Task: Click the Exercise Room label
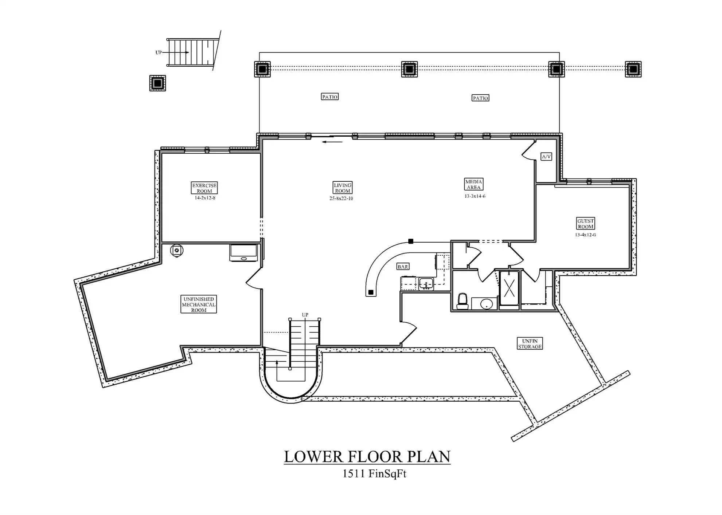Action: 204,188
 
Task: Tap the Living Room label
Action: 343,188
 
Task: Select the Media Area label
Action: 473,184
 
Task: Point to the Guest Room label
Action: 586,224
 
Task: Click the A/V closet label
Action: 546,157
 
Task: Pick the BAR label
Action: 403,267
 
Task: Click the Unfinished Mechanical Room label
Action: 199,304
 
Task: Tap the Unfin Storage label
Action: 530,344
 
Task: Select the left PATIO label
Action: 330,97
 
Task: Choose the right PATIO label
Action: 480,98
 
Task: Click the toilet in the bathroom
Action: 463,301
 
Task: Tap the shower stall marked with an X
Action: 509,288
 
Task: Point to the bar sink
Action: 426,283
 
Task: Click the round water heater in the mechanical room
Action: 177,251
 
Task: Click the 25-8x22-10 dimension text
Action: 341,198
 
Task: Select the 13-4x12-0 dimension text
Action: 586,235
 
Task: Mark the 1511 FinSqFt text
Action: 374,473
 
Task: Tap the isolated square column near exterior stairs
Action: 157,83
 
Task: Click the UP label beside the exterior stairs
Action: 159,52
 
